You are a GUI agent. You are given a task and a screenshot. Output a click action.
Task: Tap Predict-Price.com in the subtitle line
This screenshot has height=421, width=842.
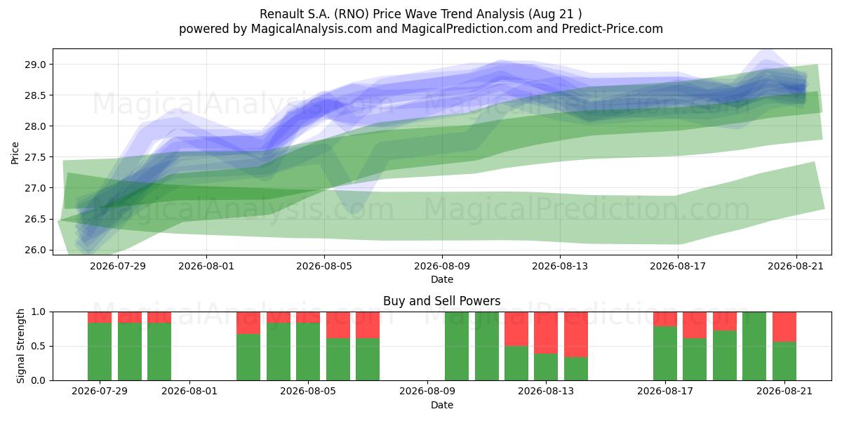[x=613, y=29]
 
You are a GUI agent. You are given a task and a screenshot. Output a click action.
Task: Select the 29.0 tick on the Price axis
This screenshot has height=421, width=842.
[x=35, y=65]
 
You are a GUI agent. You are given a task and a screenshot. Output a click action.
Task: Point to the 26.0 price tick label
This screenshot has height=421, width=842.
[x=35, y=250]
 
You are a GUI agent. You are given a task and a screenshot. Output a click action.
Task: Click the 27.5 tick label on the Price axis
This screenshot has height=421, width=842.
[x=35, y=157]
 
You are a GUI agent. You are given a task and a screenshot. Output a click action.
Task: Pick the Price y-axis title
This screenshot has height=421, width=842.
[x=15, y=153]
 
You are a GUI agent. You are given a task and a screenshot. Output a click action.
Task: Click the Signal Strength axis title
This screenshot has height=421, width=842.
[x=20, y=346]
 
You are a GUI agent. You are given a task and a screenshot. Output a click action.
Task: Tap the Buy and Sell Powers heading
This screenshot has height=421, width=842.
[x=441, y=301]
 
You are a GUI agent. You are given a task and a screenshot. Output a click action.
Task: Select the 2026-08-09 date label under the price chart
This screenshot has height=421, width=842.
[x=442, y=266]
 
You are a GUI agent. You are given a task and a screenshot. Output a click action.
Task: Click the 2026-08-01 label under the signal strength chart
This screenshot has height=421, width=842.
[x=189, y=392]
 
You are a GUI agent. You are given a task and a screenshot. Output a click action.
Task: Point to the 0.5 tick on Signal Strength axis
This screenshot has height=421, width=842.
[x=39, y=346]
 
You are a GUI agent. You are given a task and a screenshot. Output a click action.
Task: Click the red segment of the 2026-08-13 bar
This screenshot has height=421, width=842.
[x=546, y=333]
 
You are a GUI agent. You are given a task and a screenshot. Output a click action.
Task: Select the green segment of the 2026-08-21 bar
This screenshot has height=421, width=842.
[x=784, y=361]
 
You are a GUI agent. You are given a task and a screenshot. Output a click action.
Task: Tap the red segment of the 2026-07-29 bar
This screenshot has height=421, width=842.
[x=100, y=318]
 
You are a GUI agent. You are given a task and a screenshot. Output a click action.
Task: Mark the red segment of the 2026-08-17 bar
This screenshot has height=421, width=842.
[x=665, y=319]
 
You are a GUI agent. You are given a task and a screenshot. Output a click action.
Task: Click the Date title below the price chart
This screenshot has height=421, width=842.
[x=442, y=280]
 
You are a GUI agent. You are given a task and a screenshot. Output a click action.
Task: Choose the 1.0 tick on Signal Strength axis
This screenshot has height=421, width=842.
[x=39, y=312]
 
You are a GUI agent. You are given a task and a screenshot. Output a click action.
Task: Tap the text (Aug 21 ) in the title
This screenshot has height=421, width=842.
[x=555, y=14]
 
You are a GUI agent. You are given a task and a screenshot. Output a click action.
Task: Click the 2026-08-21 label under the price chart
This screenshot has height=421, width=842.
[x=796, y=266]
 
